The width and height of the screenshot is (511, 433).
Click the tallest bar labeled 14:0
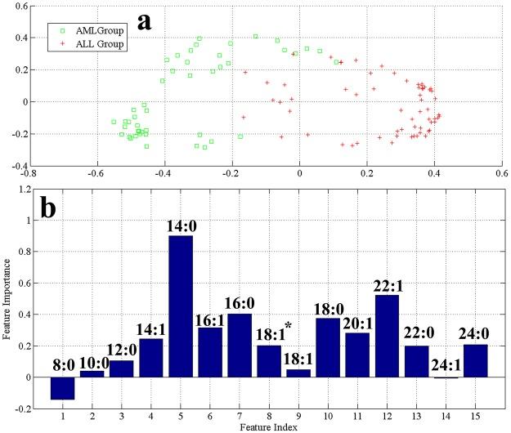point(180,306)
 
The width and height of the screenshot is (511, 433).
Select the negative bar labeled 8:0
point(62,388)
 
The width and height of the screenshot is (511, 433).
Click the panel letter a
point(145,20)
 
